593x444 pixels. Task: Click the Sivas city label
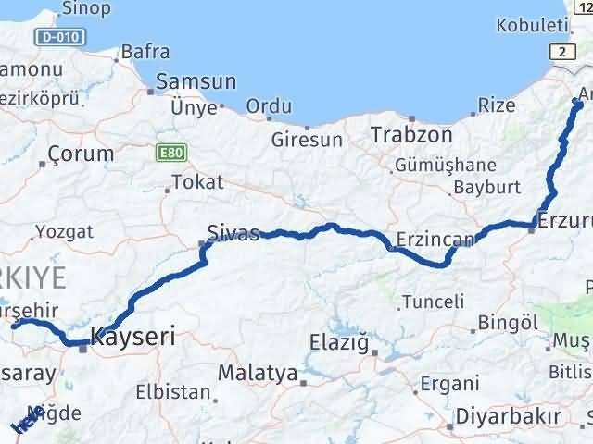tap(233, 233)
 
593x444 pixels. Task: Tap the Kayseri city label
tap(132, 337)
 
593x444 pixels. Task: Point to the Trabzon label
tap(411, 135)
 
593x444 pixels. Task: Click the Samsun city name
tap(196, 82)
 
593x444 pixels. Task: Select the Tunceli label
tap(433, 302)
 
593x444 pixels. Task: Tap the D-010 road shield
tap(59, 38)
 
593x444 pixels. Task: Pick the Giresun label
tap(307, 141)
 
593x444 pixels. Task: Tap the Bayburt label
tap(483, 188)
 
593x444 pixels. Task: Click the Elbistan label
tap(173, 391)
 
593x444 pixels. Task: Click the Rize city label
tap(497, 105)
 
